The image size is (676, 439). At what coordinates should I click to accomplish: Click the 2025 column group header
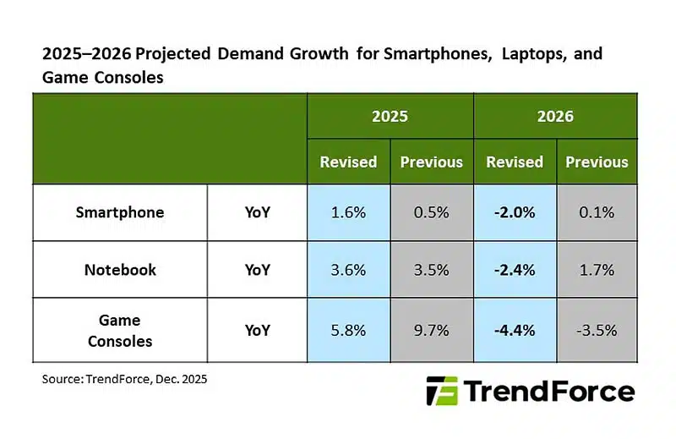[x=390, y=116]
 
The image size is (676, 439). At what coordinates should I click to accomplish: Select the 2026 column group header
[x=555, y=116]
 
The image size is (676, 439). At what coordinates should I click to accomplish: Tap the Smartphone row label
[x=119, y=212]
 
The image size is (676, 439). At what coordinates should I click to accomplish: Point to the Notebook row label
[x=119, y=271]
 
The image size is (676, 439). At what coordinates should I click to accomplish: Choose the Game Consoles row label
[x=119, y=331]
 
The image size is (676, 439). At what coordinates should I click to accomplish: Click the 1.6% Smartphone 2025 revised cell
[x=348, y=212]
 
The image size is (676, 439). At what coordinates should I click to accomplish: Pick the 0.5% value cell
[x=431, y=212]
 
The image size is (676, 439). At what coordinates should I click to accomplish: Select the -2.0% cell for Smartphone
[x=514, y=212]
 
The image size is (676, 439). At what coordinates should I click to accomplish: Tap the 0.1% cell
[x=597, y=212]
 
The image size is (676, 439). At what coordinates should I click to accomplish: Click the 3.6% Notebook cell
[x=348, y=271]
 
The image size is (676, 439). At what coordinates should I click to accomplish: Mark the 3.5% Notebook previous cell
[x=431, y=271]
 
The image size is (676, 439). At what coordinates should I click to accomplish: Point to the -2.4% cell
[x=514, y=271]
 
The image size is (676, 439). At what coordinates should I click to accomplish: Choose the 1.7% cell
[x=597, y=271]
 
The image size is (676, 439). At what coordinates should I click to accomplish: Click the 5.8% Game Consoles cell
[x=348, y=331]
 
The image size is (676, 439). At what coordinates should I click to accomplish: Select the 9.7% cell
[x=431, y=331]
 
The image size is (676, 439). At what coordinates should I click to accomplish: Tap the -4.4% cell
[x=514, y=331]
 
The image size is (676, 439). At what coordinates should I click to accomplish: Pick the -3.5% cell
[x=597, y=331]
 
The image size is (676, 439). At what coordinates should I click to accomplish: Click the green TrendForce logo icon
[x=442, y=392]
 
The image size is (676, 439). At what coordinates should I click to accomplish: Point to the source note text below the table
[x=124, y=380]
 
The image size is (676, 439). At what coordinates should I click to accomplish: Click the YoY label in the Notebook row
[x=257, y=271]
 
